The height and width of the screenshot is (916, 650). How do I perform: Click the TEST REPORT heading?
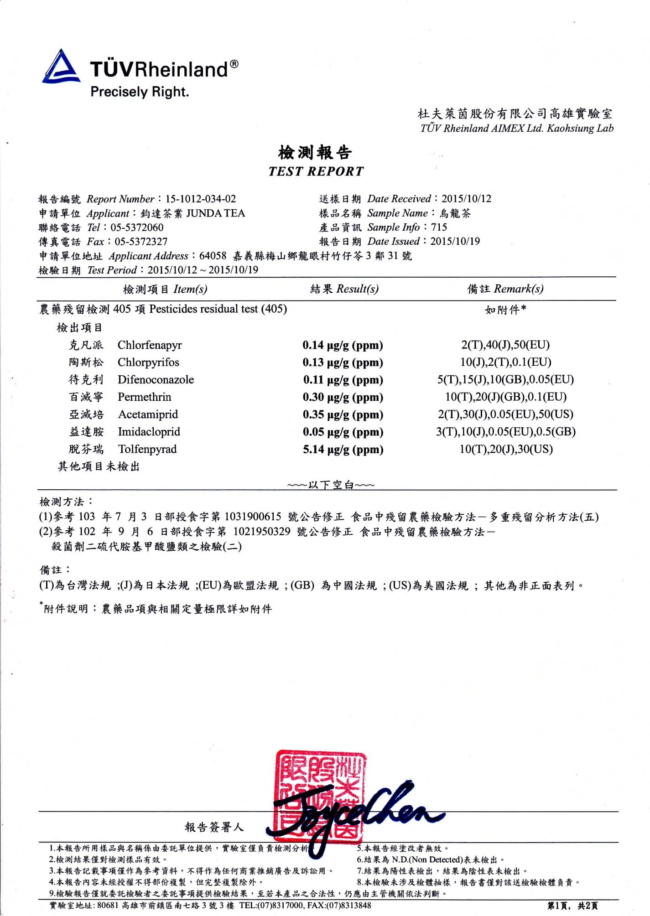pos(316,171)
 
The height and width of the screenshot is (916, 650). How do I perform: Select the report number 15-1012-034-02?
pos(201,199)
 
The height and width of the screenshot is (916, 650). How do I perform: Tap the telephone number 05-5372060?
pos(137,228)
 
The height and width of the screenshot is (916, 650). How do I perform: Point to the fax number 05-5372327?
pos(141,242)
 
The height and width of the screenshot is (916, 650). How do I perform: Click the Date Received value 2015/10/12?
pos(466,198)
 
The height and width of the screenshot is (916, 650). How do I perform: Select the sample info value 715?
pos(439,227)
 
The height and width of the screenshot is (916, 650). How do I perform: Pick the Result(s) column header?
pos(344,289)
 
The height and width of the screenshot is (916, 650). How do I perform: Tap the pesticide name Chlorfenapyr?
pos(150,345)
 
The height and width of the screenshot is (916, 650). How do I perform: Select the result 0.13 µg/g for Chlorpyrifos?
pos(343,362)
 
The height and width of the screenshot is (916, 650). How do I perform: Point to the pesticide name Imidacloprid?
pos(149,432)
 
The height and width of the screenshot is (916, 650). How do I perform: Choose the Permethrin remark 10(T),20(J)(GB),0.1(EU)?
pos(505,397)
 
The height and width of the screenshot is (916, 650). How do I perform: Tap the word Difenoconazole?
pos(156,380)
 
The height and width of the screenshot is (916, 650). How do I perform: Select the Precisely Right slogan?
pos(140,92)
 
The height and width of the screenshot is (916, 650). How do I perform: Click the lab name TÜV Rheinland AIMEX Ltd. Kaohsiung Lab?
pos(517,128)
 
